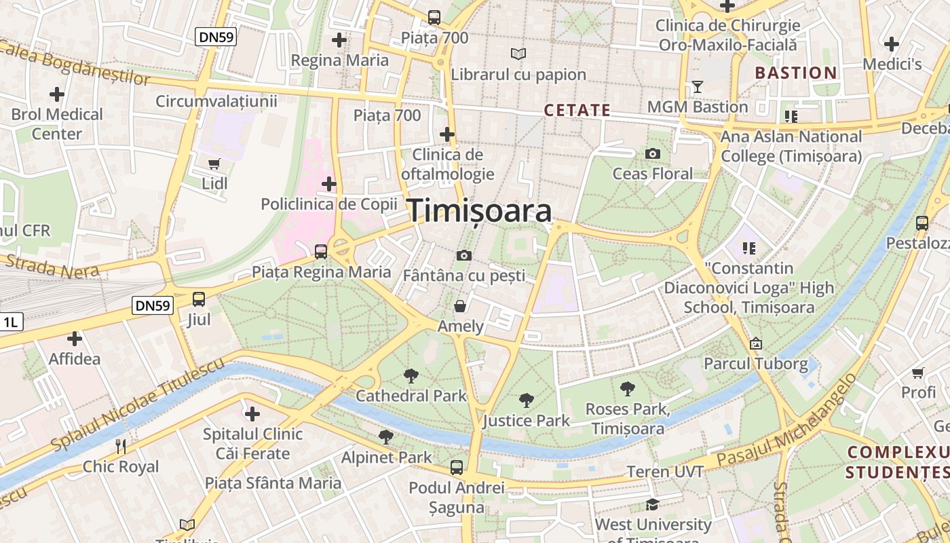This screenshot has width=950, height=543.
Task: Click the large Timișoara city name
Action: point(479,211)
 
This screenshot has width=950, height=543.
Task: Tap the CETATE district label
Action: point(577,110)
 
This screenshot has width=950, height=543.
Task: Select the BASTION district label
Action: point(796,73)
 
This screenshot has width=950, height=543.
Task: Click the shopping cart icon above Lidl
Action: point(214,164)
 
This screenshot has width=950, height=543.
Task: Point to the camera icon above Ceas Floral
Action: point(653,154)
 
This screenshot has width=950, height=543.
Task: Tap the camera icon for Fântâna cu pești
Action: point(464,256)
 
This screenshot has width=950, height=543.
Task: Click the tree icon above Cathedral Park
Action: point(411,375)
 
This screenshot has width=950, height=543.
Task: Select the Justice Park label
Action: point(527,421)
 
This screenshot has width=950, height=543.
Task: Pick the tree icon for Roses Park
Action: point(628,389)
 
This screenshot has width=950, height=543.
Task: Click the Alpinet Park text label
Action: point(386,457)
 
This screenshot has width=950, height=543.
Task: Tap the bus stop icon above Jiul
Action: point(199,299)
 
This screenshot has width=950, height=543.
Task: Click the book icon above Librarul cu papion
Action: point(518,54)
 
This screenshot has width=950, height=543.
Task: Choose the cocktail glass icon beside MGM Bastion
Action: point(697,87)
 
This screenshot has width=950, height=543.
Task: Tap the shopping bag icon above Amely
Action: point(460,306)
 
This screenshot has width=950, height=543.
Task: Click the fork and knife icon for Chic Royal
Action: point(121,446)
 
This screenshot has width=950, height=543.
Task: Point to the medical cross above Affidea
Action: point(75,338)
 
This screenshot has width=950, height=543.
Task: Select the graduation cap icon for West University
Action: point(652,504)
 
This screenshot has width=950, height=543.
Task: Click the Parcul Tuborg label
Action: point(756,364)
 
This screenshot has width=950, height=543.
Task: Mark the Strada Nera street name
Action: point(52,266)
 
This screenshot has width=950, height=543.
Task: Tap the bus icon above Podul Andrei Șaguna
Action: point(457,467)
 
